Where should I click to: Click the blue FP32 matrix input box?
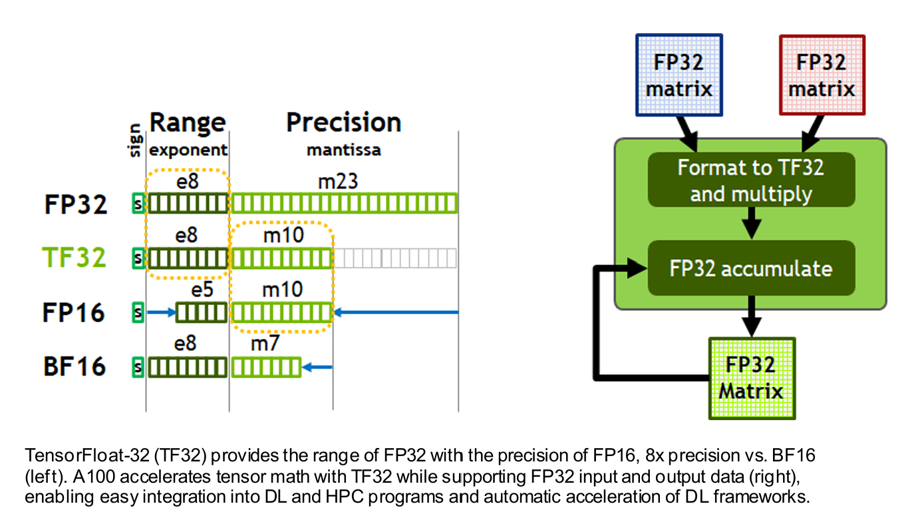679,75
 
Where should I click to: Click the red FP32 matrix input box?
822,75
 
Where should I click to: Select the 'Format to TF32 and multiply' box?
751,180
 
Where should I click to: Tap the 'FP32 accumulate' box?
751,268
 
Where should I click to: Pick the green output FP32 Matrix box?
752,378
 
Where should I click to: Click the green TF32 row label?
75,257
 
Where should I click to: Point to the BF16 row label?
75,366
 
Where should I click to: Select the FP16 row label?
74,312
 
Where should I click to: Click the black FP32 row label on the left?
76,203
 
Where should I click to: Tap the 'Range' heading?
188,123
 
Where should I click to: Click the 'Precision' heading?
343,123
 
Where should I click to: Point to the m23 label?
338,182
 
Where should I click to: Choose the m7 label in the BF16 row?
265,344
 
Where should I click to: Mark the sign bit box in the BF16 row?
138,366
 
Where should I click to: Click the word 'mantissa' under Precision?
343,150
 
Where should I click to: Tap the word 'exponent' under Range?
188,150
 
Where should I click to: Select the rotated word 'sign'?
136,140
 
